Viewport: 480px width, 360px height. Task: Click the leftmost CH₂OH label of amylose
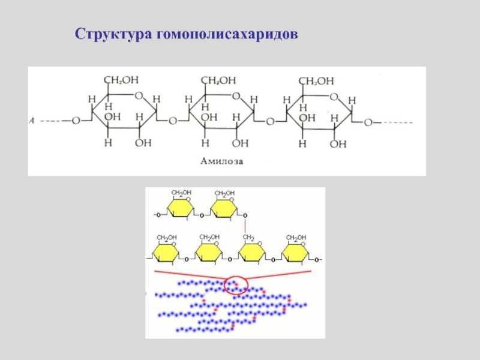click(x=122, y=80)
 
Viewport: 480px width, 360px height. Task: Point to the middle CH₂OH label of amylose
click(x=218, y=80)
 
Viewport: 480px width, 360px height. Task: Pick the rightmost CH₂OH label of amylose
click(x=317, y=80)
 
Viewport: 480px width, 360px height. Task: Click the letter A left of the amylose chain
click(x=32, y=121)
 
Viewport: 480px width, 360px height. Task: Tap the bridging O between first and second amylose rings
click(x=172, y=121)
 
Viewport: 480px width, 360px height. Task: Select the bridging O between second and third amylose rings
click(x=270, y=121)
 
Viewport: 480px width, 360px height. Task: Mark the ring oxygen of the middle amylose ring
click(x=236, y=95)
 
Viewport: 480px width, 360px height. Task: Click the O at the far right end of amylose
click(x=368, y=122)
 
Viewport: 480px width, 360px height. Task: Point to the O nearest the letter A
click(x=76, y=121)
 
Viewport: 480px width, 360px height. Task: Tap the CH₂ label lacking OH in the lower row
click(x=247, y=238)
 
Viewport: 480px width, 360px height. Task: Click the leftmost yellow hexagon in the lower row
click(x=165, y=254)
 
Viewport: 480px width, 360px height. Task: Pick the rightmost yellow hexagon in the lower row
click(x=297, y=254)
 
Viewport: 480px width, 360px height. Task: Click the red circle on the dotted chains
click(x=235, y=285)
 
